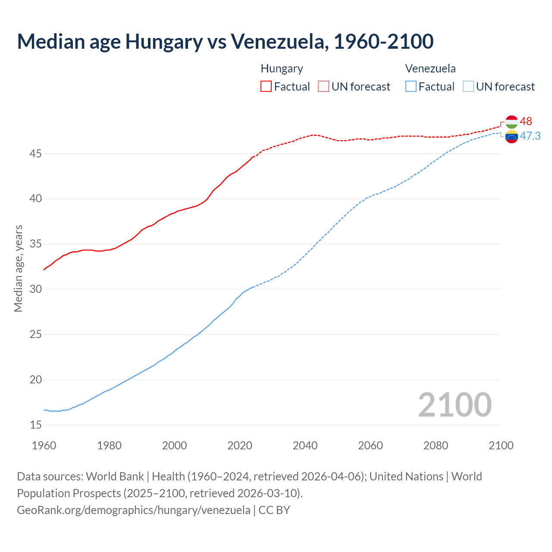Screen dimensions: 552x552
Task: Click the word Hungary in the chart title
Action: (x=163, y=42)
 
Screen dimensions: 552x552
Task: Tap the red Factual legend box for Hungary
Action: (x=266, y=86)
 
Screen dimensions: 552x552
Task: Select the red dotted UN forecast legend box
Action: (x=323, y=86)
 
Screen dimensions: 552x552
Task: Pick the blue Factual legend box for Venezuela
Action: (x=411, y=86)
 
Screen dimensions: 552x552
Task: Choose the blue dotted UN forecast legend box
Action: (x=468, y=86)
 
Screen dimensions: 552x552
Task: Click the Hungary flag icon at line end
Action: (x=511, y=122)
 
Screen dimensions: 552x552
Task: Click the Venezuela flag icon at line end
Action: (x=511, y=137)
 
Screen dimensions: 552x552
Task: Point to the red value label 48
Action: (x=526, y=122)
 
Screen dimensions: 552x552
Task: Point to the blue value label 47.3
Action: (x=530, y=136)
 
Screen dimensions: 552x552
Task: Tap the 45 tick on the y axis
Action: (x=36, y=154)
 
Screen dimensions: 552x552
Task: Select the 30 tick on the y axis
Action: (x=36, y=289)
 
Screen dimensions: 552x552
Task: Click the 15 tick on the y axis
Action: (x=36, y=425)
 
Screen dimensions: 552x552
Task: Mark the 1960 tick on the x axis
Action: (x=44, y=445)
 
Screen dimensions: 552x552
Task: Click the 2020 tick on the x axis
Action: (x=240, y=445)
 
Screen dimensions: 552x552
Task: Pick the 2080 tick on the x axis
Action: (x=436, y=445)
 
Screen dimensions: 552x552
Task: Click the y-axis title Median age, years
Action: (x=18, y=268)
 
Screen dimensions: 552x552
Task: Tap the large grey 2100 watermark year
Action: (x=455, y=405)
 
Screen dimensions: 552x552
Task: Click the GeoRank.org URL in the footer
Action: (x=134, y=510)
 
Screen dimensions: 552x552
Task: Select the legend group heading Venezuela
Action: (x=430, y=69)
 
